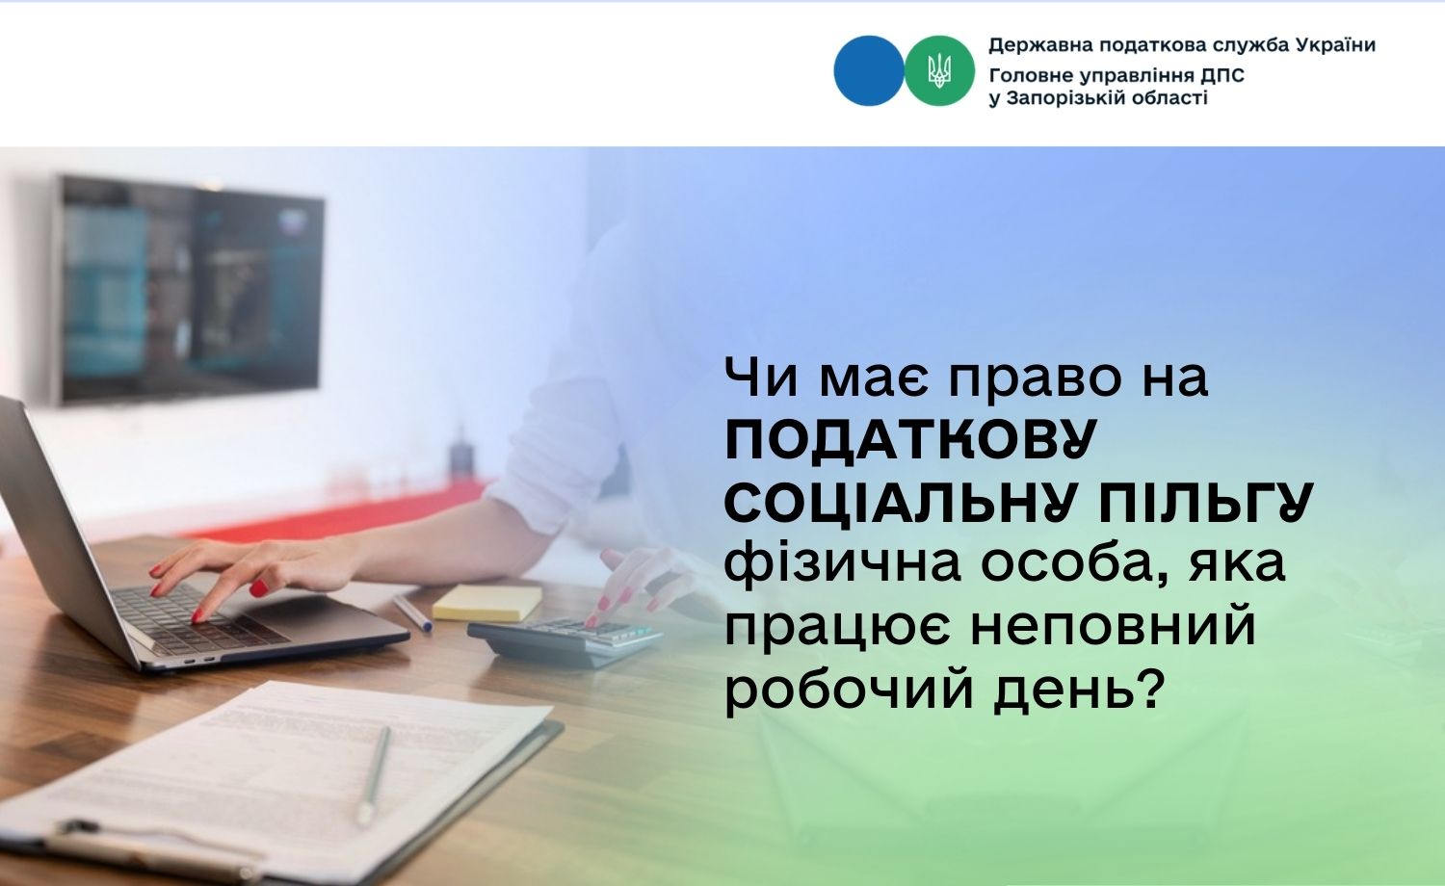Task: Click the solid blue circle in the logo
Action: pyautogui.click(x=868, y=70)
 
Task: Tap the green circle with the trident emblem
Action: pyautogui.click(x=939, y=70)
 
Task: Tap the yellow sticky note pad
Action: pyautogui.click(x=487, y=602)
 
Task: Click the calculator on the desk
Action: pyautogui.click(x=565, y=640)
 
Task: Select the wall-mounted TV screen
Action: pyautogui.click(x=190, y=290)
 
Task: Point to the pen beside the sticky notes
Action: pyautogui.click(x=413, y=613)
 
